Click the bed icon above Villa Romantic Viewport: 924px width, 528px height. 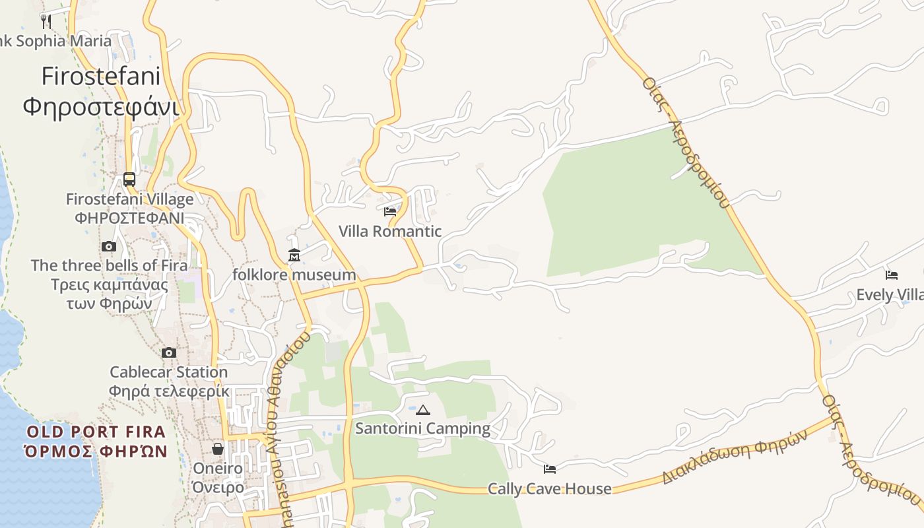(x=390, y=212)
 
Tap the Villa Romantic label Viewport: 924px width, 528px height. (x=390, y=232)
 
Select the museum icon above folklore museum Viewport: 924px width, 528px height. (x=294, y=255)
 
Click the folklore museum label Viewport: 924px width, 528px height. (x=294, y=275)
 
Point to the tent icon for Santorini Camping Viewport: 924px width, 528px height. (x=423, y=410)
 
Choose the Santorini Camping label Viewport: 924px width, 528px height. (x=423, y=429)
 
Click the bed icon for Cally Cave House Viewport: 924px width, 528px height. (x=550, y=469)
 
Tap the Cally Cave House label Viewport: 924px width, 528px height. (x=550, y=489)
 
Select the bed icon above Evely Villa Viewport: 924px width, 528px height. (x=892, y=275)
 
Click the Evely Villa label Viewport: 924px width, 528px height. (x=890, y=295)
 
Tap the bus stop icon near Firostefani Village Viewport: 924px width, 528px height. (x=129, y=179)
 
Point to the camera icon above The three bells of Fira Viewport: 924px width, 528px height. (x=109, y=247)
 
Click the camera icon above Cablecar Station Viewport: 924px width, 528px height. (x=169, y=352)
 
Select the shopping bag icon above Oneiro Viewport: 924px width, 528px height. (x=218, y=449)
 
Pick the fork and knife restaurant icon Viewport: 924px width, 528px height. (x=46, y=21)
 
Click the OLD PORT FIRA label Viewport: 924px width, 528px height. (x=96, y=433)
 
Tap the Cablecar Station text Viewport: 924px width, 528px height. (x=169, y=372)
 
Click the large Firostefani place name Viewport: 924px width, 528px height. (x=101, y=77)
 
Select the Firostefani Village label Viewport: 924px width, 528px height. (x=130, y=199)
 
